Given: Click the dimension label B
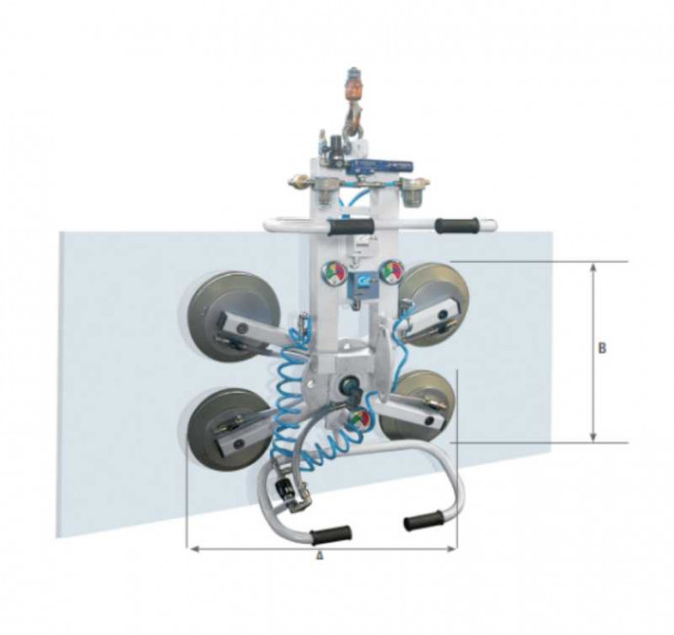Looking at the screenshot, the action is tap(603, 348).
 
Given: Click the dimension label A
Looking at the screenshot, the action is tap(319, 556).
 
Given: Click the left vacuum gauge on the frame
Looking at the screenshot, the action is tap(333, 272).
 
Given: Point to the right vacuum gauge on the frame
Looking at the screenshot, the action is tap(392, 271).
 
